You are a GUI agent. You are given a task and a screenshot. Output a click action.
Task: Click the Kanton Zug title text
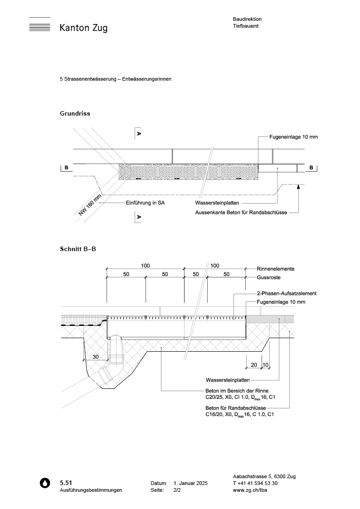point(83,28)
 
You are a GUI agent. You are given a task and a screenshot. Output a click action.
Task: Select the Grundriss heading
point(75,113)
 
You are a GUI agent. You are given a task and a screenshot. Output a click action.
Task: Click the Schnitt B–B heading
point(78,249)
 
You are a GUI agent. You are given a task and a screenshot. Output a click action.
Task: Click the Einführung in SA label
point(145,203)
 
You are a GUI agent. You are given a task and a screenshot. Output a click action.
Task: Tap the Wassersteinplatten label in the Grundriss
point(217,203)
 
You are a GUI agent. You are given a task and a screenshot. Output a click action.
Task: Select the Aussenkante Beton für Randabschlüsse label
point(241,212)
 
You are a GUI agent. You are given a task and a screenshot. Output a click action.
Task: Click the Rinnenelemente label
point(276,268)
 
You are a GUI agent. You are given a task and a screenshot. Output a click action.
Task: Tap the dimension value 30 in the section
point(96,357)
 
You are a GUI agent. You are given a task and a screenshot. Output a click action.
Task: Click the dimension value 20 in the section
point(254,364)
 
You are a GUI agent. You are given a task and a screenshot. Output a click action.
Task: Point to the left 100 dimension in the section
point(145,266)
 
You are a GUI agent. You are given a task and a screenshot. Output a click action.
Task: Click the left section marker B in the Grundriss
point(66,168)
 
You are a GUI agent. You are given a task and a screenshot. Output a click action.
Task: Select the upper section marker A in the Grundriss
point(139,134)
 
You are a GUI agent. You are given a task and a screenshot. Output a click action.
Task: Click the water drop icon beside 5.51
point(45,483)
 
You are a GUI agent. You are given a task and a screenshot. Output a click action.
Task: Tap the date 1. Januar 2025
point(190,484)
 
